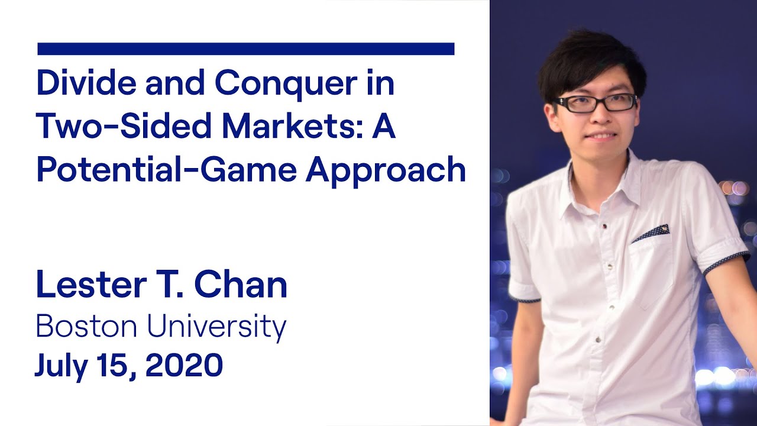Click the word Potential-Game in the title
click(x=167, y=170)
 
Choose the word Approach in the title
click(x=386, y=170)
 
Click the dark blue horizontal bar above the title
click(x=245, y=49)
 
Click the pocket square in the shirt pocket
click(x=651, y=234)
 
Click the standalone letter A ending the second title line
click(x=383, y=127)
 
